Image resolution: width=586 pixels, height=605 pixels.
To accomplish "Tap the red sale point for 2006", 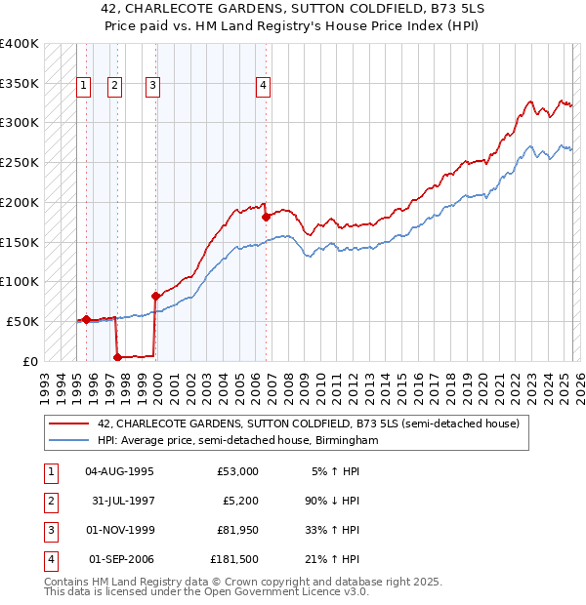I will (x=266, y=217).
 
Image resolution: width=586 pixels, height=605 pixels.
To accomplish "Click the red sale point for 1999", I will (x=155, y=296).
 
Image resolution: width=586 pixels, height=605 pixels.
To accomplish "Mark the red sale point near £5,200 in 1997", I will (x=118, y=357).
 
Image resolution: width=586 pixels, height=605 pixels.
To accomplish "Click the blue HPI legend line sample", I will (x=68, y=440).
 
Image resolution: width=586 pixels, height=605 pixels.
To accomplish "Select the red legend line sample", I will (x=68, y=423).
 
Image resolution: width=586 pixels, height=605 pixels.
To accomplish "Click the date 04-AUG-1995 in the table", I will (x=119, y=471).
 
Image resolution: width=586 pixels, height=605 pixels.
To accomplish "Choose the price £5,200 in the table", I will (x=238, y=501).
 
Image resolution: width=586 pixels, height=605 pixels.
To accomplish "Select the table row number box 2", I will (x=49, y=501).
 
